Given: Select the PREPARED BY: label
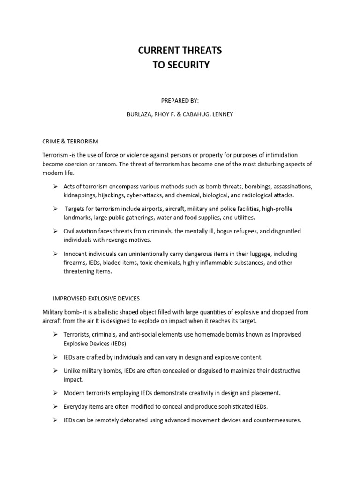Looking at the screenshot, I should (180, 100).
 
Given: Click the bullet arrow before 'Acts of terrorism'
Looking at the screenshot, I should (55, 187).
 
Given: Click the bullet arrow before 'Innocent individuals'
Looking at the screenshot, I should (55, 254).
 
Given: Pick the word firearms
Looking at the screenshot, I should (75, 262).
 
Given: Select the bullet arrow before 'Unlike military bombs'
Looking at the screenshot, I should (55, 370).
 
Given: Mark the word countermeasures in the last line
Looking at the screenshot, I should (275, 420).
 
